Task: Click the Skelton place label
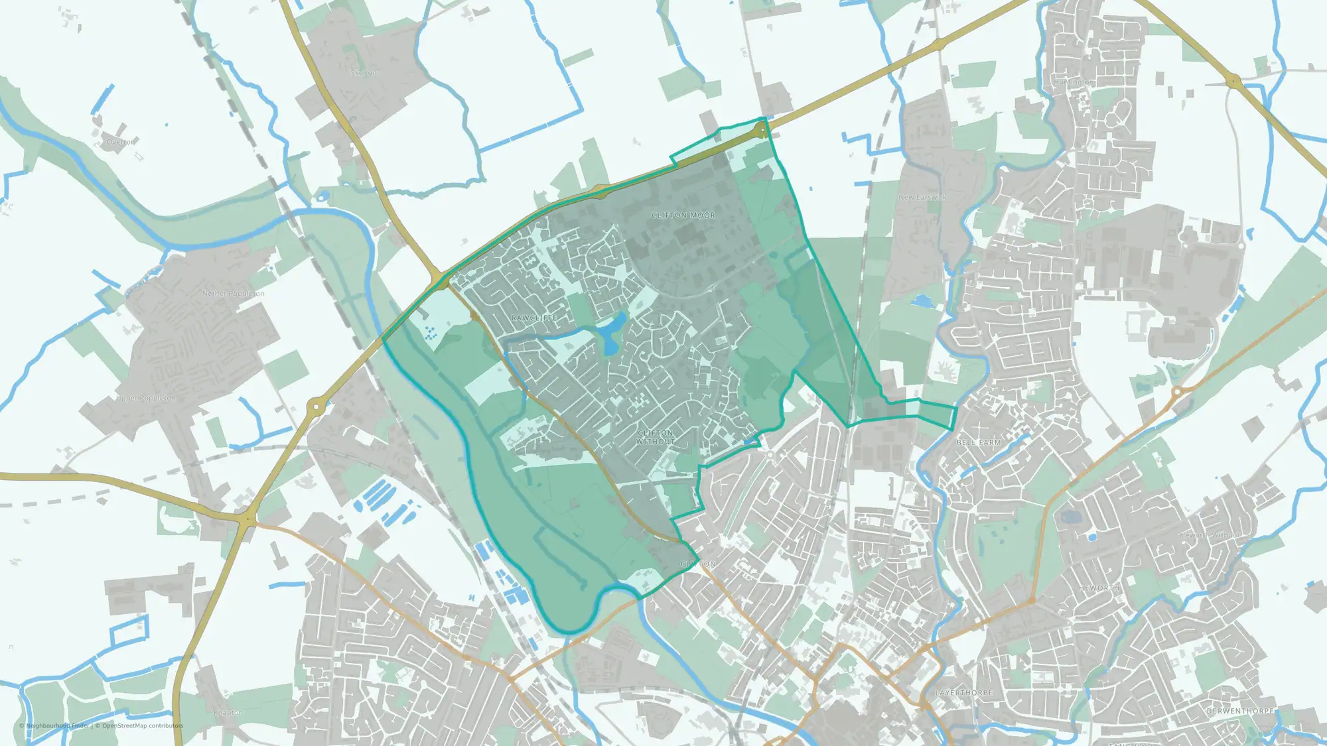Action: (x=364, y=73)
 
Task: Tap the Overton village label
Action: (x=121, y=142)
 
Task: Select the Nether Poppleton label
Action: (x=233, y=293)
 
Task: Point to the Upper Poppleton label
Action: (x=146, y=398)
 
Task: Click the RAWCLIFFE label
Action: (x=534, y=318)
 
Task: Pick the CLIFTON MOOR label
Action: (x=683, y=216)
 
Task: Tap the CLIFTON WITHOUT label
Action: (x=655, y=437)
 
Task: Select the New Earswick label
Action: (x=922, y=198)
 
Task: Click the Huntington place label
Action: (x=1074, y=82)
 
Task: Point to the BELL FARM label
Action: (x=979, y=442)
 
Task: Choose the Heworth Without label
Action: (x=1210, y=535)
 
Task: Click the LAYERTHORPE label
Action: (x=963, y=692)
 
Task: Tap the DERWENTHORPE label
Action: (x=1240, y=711)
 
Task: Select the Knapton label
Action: (x=228, y=713)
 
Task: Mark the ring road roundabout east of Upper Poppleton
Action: (x=316, y=406)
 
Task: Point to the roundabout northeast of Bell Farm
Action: (x=1178, y=392)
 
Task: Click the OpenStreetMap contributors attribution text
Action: (x=139, y=725)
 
